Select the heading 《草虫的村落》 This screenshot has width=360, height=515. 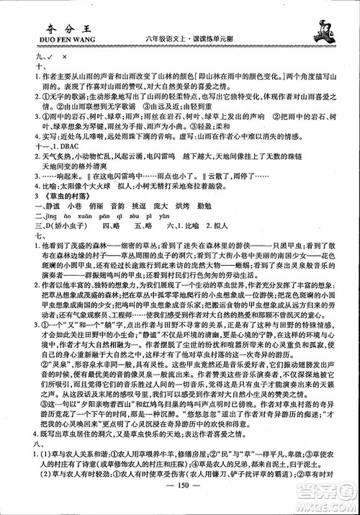pos(45,213)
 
